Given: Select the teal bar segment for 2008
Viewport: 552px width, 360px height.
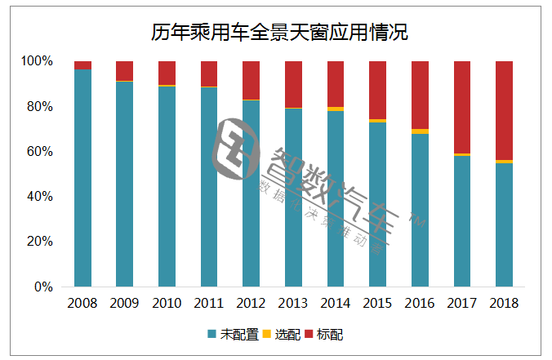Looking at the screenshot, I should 82,178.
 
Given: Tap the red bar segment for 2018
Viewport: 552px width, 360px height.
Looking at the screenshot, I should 505,110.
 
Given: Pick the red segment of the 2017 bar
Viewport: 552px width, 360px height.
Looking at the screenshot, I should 462,107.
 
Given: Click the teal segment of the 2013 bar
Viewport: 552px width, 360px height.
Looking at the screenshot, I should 293,198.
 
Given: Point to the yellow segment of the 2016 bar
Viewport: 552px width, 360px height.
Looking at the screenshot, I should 420,131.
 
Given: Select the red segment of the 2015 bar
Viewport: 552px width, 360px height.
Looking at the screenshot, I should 377,90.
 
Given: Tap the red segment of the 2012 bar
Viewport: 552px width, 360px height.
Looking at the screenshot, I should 252,80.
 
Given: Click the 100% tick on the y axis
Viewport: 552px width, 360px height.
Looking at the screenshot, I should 37,61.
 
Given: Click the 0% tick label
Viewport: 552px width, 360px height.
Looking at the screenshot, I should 42,287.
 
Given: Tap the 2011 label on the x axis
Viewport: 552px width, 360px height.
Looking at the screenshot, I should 209,303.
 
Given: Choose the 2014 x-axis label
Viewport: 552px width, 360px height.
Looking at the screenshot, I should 336,303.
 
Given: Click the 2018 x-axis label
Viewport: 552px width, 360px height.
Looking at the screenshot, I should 505,303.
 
